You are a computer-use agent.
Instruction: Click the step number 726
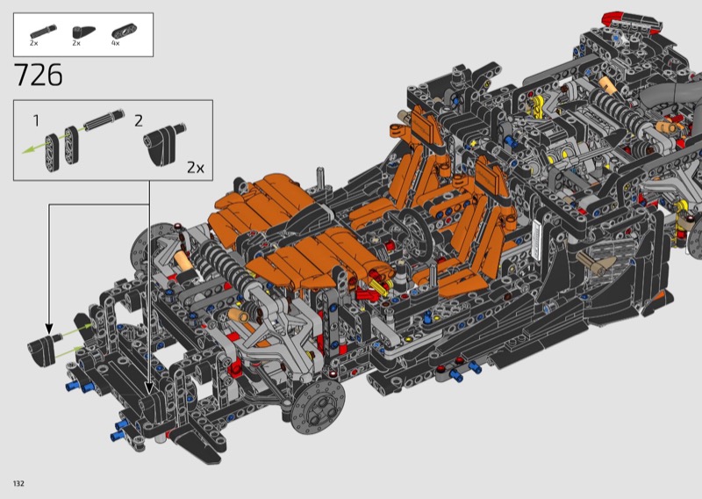39,75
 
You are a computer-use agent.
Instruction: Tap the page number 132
18,483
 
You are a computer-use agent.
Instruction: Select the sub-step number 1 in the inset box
36,120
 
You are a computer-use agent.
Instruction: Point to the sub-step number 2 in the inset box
139,120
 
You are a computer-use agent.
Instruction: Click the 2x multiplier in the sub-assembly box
196,168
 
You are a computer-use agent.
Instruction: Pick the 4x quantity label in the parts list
116,44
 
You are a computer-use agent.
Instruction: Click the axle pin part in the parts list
43,32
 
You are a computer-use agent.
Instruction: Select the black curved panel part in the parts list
83,33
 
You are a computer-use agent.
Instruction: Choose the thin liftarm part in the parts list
124,32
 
